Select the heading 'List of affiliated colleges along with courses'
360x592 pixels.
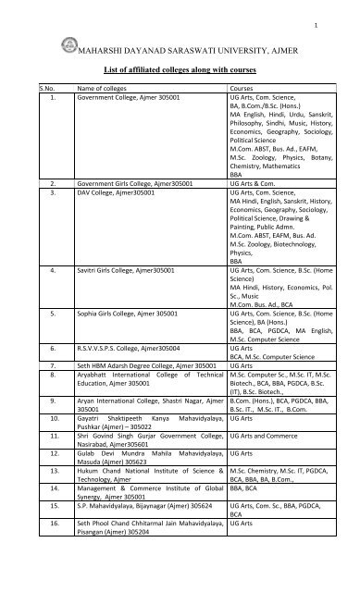[184, 68]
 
